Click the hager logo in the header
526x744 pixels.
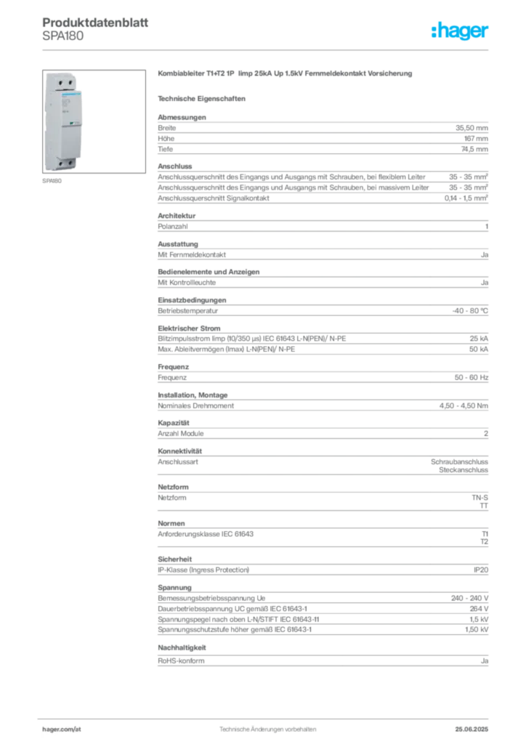(460, 31)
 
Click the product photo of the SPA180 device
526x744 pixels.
(94, 121)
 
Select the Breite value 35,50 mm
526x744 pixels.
(472, 128)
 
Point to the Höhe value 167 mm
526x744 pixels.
(476, 139)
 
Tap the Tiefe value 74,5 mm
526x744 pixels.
(474, 149)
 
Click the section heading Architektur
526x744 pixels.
(177, 215)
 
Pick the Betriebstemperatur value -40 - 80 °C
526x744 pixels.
(470, 311)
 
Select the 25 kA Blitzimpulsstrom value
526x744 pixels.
(479, 339)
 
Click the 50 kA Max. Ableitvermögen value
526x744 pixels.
(479, 349)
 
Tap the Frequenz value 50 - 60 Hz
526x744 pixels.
(471, 378)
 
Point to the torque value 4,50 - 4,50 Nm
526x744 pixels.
(464, 405)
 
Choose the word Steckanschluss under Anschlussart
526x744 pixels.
(464, 470)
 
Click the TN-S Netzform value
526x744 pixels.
(480, 498)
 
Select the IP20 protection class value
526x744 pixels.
(480, 570)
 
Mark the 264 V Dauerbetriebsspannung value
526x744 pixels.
(479, 609)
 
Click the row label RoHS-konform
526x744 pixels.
(181, 660)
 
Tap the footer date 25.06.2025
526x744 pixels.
(472, 729)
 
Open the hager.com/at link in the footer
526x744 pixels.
(62, 729)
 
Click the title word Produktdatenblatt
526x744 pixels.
(95, 23)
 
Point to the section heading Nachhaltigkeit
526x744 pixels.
(182, 647)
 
